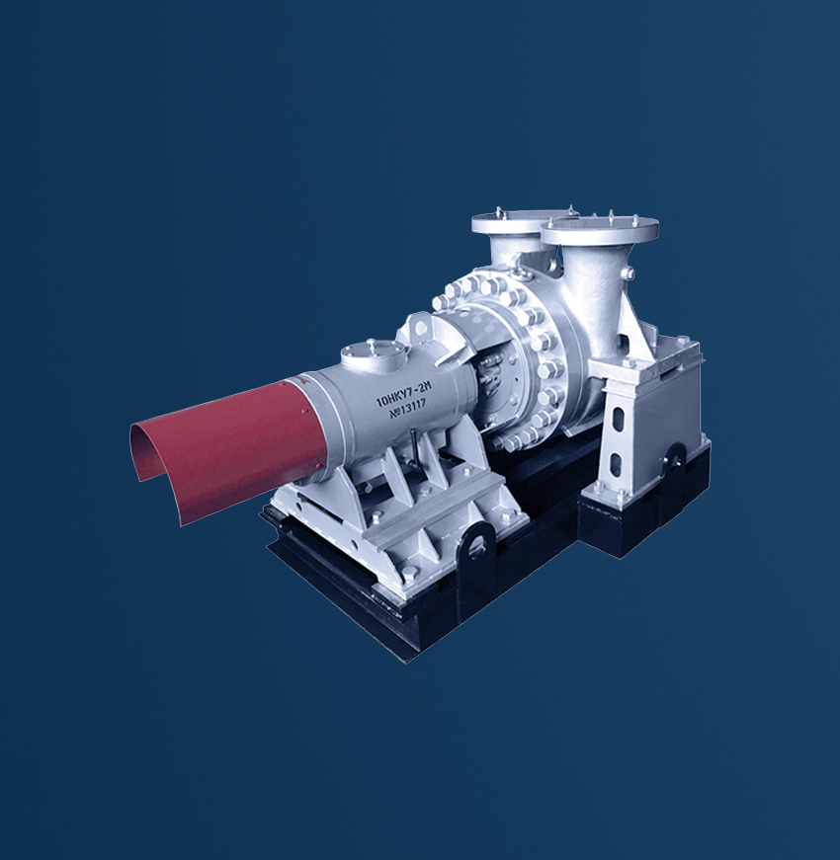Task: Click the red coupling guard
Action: coord(230,444)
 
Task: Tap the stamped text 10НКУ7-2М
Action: coord(403,395)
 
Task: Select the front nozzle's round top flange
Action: coord(600,229)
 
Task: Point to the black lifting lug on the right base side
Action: coord(673,456)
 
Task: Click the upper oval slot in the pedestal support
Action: coord(619,421)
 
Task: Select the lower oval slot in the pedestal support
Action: coord(616,464)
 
